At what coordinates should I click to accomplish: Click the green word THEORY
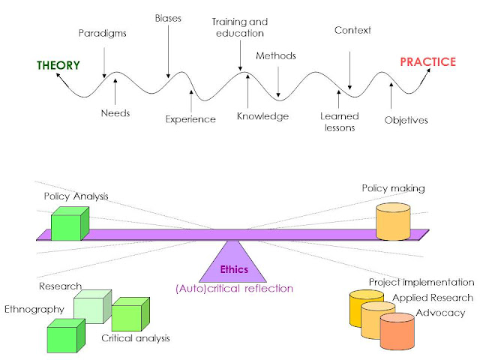point(58,65)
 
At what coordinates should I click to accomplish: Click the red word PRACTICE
point(427,61)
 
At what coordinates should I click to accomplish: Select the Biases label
point(167,17)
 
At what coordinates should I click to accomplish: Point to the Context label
point(352,31)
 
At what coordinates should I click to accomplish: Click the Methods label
point(276,55)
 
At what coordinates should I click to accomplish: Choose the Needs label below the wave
point(115,113)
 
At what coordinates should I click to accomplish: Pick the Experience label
point(190,118)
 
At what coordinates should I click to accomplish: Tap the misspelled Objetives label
point(406,119)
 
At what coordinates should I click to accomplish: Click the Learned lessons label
point(339,121)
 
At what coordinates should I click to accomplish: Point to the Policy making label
point(393,188)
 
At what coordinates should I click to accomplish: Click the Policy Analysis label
point(76,196)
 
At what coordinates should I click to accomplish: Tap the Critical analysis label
point(136,338)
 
